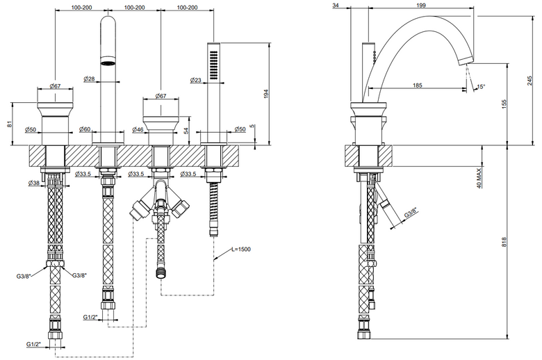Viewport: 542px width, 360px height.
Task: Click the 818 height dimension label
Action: (x=504, y=242)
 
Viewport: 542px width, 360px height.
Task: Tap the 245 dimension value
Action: (x=530, y=81)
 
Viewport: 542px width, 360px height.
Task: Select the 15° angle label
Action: (x=481, y=86)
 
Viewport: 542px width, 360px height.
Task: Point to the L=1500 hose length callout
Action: (x=241, y=249)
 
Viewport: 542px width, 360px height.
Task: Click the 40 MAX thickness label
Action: (x=479, y=178)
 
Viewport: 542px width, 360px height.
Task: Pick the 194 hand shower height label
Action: (x=266, y=94)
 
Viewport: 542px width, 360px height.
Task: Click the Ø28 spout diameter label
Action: (x=89, y=79)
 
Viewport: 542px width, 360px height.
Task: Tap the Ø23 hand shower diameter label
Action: (x=196, y=80)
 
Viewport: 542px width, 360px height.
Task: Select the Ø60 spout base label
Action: (x=85, y=129)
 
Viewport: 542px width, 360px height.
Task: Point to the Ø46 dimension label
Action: (x=138, y=129)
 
